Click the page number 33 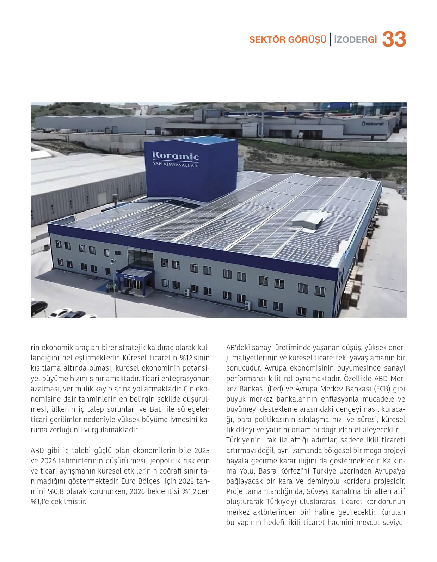pyautogui.click(x=394, y=39)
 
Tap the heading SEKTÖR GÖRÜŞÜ pyautogui.click(x=288, y=39)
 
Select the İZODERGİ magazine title pyautogui.click(x=355, y=39)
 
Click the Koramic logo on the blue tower pyautogui.click(x=175, y=155)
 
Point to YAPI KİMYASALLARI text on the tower pyautogui.click(x=176, y=165)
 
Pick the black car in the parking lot pyautogui.click(x=39, y=307)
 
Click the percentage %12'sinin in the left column pyautogui.click(x=195, y=358)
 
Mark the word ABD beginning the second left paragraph pyautogui.click(x=37, y=451)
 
